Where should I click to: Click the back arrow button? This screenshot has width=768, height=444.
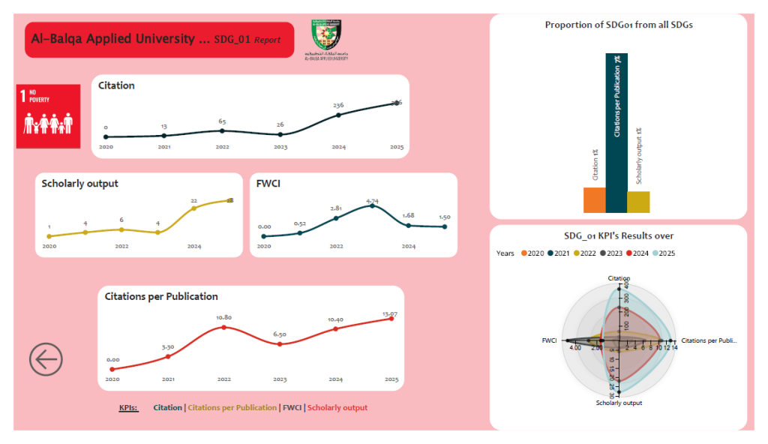tap(46, 359)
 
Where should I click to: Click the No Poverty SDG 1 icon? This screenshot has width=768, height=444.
tap(48, 116)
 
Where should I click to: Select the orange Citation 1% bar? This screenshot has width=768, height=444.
tap(594, 200)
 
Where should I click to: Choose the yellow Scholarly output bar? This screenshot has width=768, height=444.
tap(638, 202)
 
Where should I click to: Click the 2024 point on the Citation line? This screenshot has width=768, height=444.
tap(339, 115)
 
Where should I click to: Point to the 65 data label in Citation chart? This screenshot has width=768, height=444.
tap(222, 121)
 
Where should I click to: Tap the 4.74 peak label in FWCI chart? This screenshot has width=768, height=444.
tap(372, 201)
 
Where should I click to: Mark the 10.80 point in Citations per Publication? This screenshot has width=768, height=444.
tap(223, 328)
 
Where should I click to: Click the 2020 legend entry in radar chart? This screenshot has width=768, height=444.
tap(532, 253)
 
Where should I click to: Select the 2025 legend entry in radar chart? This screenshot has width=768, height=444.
tap(664, 253)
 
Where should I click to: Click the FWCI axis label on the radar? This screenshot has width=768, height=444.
tap(549, 340)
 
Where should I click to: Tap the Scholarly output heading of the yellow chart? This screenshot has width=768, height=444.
tap(80, 184)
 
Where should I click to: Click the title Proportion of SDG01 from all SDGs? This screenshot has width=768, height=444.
tap(619, 25)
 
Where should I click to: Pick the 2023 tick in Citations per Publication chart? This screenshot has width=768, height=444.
tap(280, 379)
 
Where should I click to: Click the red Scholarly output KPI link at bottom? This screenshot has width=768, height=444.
tap(337, 408)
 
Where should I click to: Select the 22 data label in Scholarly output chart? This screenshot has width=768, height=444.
tap(193, 200)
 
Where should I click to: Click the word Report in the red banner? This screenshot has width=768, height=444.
tap(267, 40)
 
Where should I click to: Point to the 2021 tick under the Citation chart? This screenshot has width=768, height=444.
tap(164, 147)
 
